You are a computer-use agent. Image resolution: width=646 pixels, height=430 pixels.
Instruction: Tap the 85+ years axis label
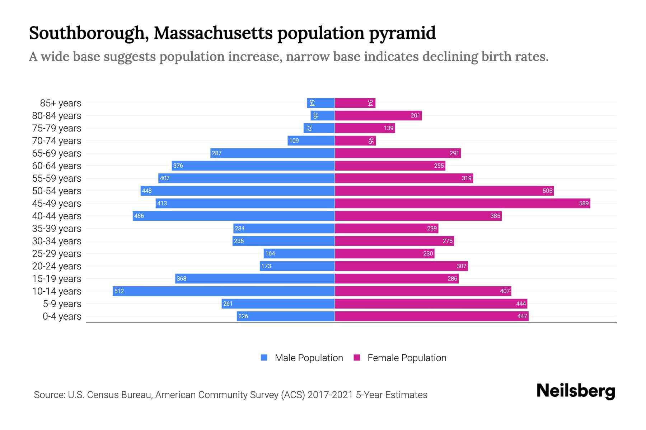60,103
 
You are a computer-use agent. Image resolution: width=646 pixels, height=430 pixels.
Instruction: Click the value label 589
584,203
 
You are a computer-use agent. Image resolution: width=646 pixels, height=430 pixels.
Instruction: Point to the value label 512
119,291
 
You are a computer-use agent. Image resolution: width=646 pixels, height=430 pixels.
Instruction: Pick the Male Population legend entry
301,358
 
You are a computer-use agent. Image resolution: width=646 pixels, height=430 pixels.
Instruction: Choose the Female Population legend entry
400,358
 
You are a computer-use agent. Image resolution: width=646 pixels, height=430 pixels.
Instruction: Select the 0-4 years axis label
62,316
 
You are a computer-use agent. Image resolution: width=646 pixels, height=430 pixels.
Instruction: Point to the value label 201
415,115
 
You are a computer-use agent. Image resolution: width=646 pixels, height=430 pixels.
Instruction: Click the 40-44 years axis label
57,216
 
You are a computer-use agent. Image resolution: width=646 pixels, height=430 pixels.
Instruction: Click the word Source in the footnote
49,395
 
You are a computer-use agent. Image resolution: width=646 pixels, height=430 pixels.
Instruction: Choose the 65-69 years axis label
57,153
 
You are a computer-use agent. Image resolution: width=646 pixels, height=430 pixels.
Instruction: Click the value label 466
139,216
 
